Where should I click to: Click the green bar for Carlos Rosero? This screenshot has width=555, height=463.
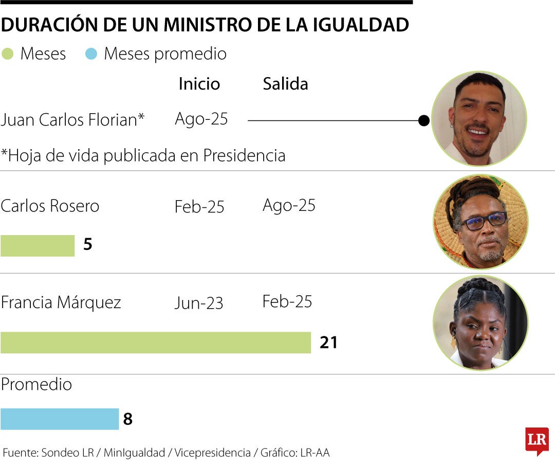click(38, 245)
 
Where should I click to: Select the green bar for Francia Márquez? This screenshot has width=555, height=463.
click(156, 343)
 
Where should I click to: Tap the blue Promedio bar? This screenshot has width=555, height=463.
click(60, 419)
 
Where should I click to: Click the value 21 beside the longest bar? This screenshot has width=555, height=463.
click(328, 343)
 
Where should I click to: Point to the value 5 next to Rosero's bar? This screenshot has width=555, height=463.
click(88, 245)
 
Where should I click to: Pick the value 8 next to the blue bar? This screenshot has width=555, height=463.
click(128, 419)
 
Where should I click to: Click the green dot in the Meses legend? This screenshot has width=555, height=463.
click(7, 54)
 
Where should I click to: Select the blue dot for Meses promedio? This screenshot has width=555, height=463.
click(91, 54)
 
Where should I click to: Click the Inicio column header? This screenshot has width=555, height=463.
click(199, 84)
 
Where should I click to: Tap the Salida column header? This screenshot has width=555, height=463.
click(285, 84)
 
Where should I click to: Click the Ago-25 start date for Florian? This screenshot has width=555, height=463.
click(201, 119)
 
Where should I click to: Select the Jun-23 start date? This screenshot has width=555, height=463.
click(199, 303)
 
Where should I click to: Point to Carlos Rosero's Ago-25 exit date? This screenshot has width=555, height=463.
click(289, 205)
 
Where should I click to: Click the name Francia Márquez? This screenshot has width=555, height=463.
click(61, 302)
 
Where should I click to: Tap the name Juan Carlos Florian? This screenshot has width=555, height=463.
click(72, 120)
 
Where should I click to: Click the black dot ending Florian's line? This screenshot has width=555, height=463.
click(424, 121)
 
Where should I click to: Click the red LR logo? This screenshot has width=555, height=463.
click(536, 440)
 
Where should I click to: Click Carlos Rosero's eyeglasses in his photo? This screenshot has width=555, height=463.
click(484, 221)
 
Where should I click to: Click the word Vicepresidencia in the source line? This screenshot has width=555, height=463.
click(212, 453)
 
